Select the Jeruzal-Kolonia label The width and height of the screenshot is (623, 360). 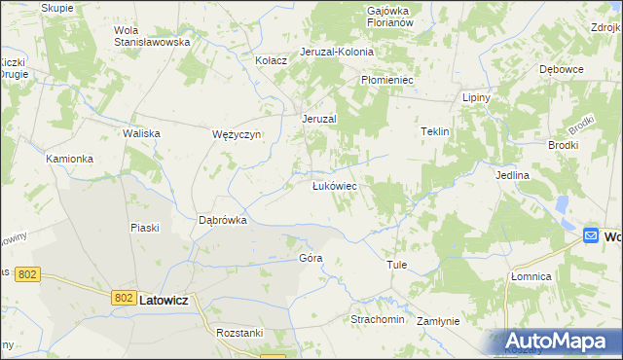[330, 52]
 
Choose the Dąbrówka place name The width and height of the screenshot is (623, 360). [223, 220]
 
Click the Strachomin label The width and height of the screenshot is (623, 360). [377, 319]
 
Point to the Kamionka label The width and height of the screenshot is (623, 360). [69, 158]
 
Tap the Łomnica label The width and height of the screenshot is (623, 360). [531, 277]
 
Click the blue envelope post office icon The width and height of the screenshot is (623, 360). [591, 236]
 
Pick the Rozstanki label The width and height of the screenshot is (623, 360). [241, 332]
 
